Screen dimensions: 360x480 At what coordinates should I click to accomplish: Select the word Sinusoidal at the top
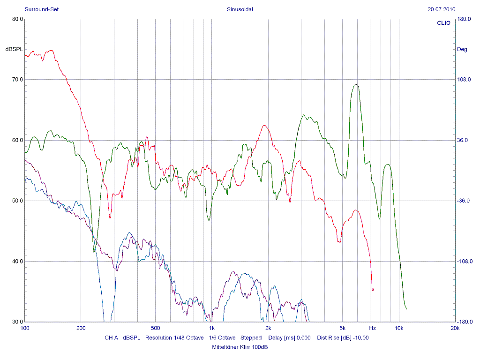click(x=240, y=9)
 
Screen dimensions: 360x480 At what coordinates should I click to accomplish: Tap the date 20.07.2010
click(x=442, y=9)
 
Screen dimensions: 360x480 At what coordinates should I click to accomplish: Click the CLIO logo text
click(x=443, y=23)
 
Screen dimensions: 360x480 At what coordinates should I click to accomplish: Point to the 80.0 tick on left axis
click(x=17, y=19)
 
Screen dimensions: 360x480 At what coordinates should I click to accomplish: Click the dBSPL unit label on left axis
click(x=14, y=49)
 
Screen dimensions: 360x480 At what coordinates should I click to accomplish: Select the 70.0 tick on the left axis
click(x=17, y=80)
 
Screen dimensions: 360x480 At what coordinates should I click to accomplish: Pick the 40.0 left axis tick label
click(x=17, y=262)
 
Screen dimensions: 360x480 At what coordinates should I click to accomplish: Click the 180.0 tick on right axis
click(x=464, y=19)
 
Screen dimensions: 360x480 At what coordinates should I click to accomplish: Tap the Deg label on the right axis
click(x=462, y=49)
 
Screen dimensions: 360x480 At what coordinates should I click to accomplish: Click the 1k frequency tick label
click(x=212, y=328)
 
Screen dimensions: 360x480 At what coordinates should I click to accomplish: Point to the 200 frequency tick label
click(x=81, y=328)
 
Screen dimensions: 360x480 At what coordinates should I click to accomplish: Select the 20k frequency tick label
click(x=455, y=328)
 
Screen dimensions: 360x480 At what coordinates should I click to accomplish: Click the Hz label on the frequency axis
click(x=372, y=328)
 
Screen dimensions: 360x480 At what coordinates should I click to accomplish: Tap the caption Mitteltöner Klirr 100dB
click(x=240, y=347)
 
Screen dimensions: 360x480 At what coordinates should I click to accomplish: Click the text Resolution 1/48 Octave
click(x=174, y=337)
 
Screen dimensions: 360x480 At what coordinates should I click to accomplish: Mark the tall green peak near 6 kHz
click(x=356, y=85)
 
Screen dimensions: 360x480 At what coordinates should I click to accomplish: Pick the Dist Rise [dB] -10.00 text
click(x=343, y=337)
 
